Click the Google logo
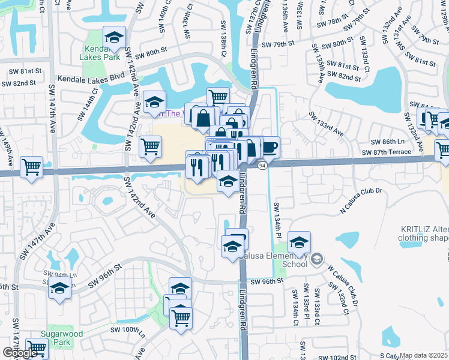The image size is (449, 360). tap(19, 353)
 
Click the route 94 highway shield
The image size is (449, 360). tap(262, 165)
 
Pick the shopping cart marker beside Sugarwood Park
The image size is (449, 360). tap(37, 347)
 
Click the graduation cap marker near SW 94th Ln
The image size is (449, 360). tap(59, 289)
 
